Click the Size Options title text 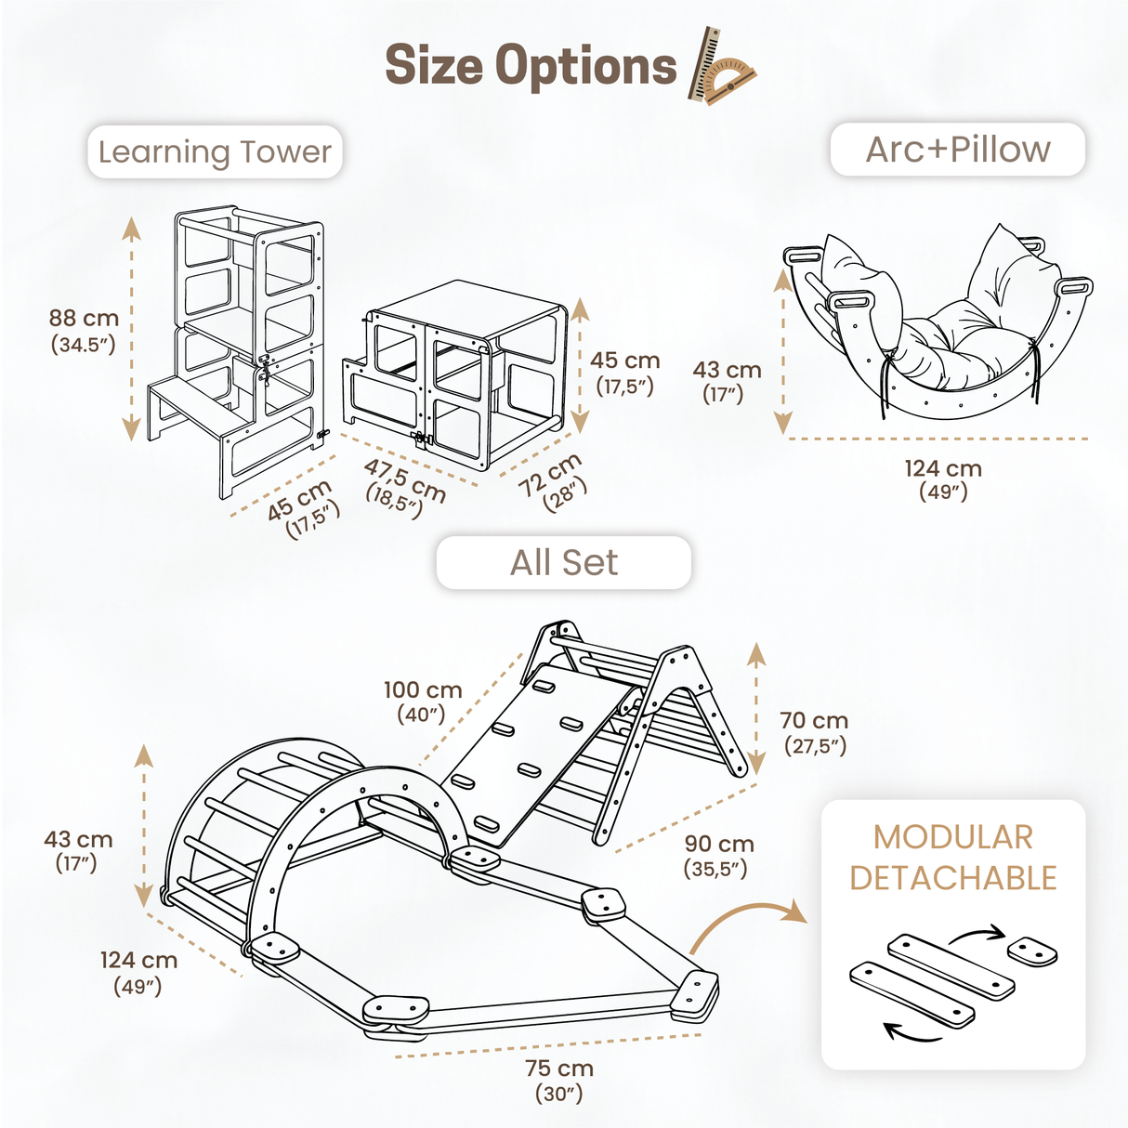pyautogui.click(x=531, y=66)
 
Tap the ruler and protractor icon pyautogui.click(x=721, y=67)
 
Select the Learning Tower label pyautogui.click(x=215, y=151)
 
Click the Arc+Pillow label pyautogui.click(x=957, y=150)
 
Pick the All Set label pyautogui.click(x=563, y=562)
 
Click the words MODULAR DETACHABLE pyautogui.click(x=953, y=858)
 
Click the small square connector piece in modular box pyautogui.click(x=1032, y=951)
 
